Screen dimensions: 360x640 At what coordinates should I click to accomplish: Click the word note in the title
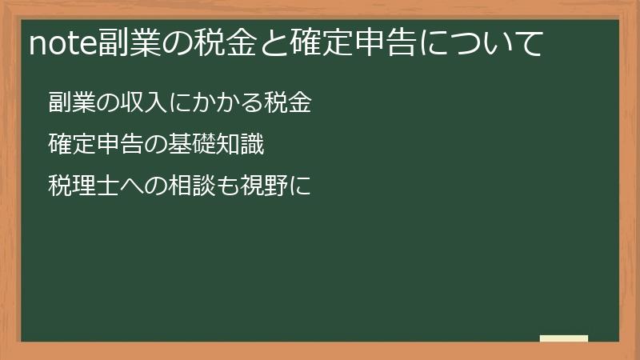tap(63, 43)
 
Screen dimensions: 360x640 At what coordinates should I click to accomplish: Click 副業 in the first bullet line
tap(70, 102)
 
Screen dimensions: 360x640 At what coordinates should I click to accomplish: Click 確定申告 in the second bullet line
tap(91, 145)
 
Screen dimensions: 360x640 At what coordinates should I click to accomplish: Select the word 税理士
tap(80, 187)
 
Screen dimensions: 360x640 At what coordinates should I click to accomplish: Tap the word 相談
tap(189, 187)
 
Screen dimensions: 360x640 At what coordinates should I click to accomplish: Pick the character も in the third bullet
tap(222, 187)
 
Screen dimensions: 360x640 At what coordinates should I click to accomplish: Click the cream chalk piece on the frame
tap(564, 339)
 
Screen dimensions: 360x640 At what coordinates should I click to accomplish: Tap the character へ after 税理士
tap(124, 187)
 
